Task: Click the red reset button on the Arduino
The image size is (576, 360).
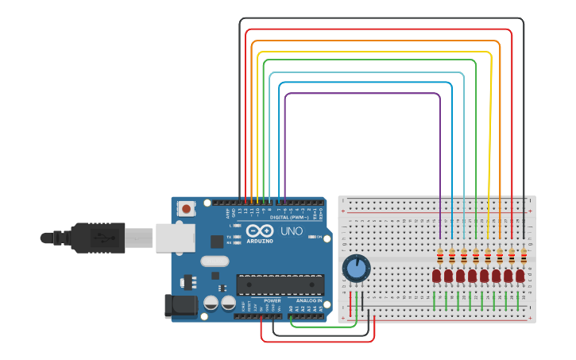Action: (x=186, y=209)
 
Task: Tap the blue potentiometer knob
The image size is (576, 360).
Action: (x=357, y=269)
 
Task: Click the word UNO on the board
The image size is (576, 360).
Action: (x=292, y=230)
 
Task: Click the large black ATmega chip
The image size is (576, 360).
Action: (x=280, y=285)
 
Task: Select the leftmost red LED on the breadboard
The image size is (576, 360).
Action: (x=437, y=276)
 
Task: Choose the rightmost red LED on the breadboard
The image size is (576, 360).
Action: (x=520, y=276)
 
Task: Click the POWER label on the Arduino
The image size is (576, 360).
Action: (x=272, y=301)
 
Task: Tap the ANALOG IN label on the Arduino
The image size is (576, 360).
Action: (x=309, y=301)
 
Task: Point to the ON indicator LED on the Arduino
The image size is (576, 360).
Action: (x=311, y=237)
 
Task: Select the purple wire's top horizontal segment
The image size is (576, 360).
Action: (x=361, y=94)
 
